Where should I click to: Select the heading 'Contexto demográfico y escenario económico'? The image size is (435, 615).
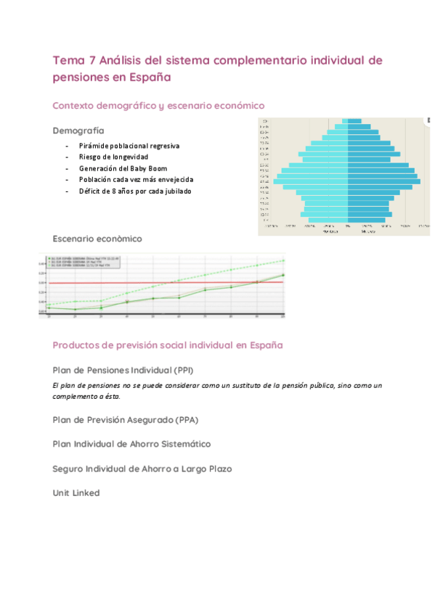[x=158, y=105]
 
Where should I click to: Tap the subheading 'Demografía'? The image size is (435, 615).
[x=78, y=131]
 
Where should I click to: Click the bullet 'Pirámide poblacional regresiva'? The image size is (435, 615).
[x=129, y=146]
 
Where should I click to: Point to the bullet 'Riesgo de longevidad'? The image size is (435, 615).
[x=114, y=157]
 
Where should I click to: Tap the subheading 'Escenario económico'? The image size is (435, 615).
[x=97, y=239]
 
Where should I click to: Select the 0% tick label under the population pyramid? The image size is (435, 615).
[x=348, y=227]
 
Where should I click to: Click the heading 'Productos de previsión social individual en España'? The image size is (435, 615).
[x=168, y=345]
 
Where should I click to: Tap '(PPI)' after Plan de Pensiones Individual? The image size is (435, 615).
[x=179, y=370]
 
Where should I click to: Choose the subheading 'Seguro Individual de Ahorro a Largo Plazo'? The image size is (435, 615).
[x=142, y=469]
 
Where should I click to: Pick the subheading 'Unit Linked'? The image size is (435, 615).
[x=76, y=493]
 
